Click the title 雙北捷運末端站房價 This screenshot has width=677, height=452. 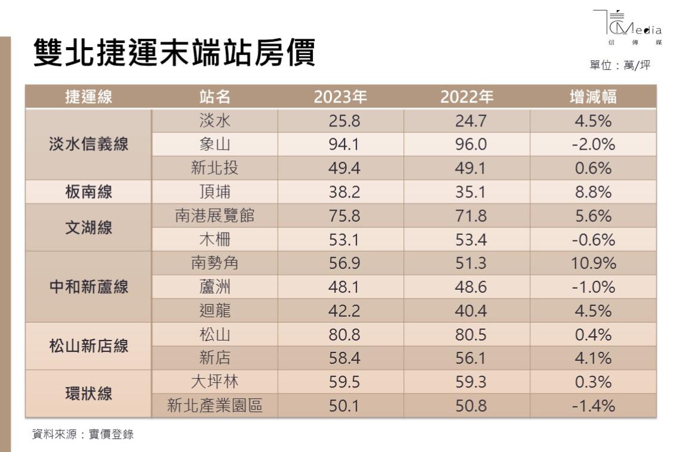click(173, 53)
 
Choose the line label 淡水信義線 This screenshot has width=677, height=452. click(88, 144)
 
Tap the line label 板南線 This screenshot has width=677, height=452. click(88, 192)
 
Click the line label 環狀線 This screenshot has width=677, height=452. click(88, 394)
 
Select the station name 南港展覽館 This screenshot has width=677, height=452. click(215, 216)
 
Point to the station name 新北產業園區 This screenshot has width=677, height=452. click(215, 406)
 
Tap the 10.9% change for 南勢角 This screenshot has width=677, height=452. click(592, 264)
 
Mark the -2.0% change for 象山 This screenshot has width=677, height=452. click(592, 145)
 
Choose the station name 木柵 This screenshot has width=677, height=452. click(215, 240)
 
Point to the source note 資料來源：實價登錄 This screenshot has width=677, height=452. click(83, 435)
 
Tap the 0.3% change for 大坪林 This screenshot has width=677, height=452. click(592, 382)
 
